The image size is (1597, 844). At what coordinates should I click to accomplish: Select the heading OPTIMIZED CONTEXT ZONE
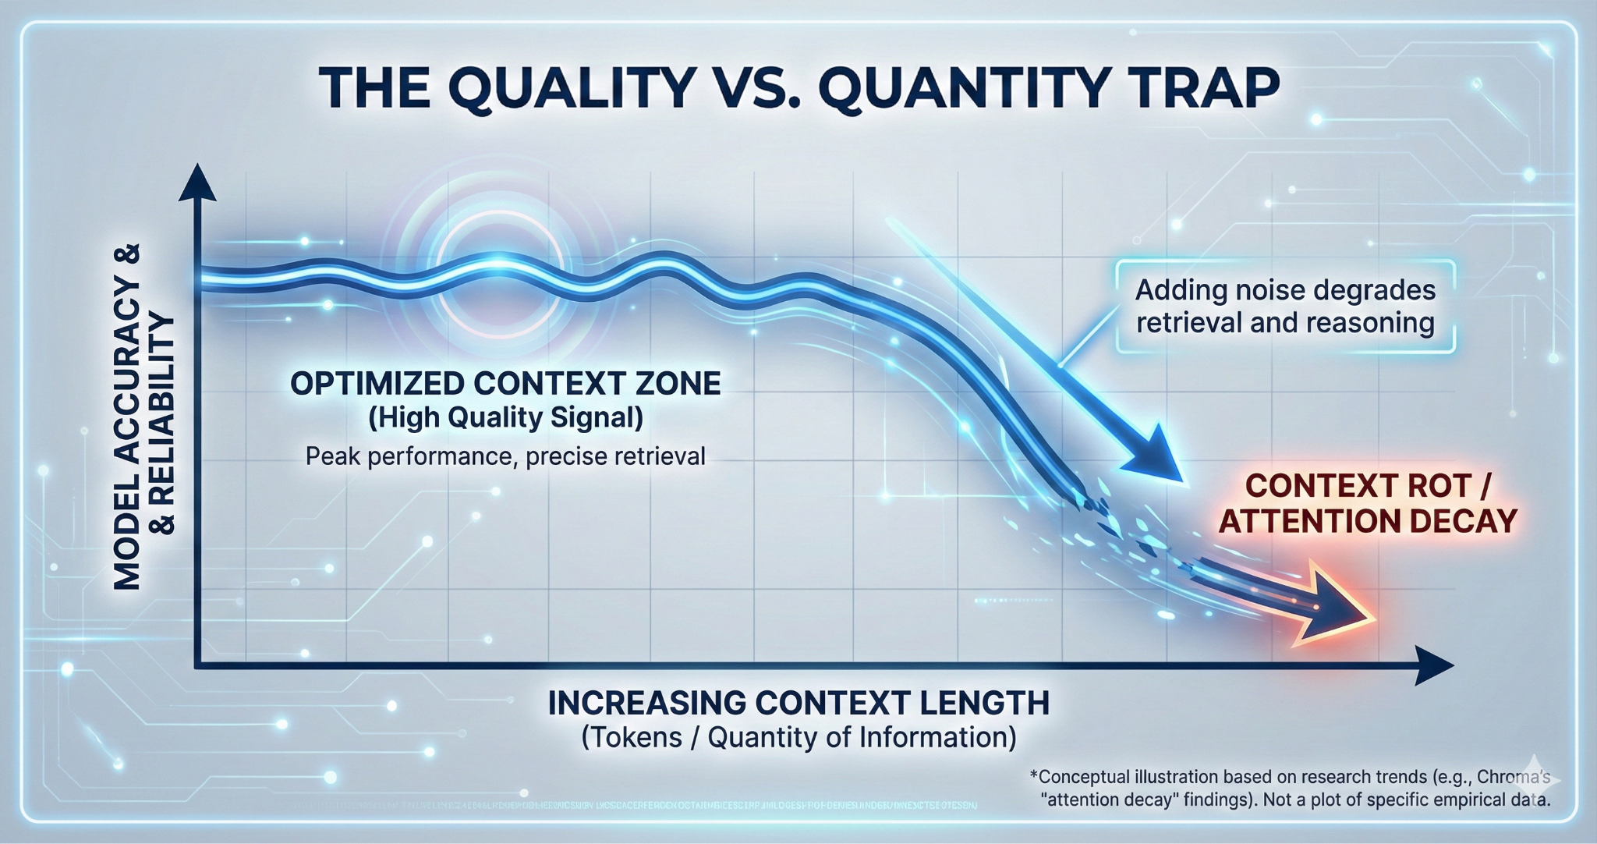[x=505, y=384]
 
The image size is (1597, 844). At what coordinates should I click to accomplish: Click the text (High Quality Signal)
[x=505, y=418]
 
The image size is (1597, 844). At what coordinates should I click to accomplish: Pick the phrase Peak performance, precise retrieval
[x=505, y=456]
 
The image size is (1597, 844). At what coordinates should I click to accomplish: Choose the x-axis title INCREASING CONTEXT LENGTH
[x=798, y=703]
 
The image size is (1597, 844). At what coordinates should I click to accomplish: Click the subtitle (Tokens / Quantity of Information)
[x=798, y=737]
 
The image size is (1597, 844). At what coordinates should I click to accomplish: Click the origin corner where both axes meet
[x=198, y=665]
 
